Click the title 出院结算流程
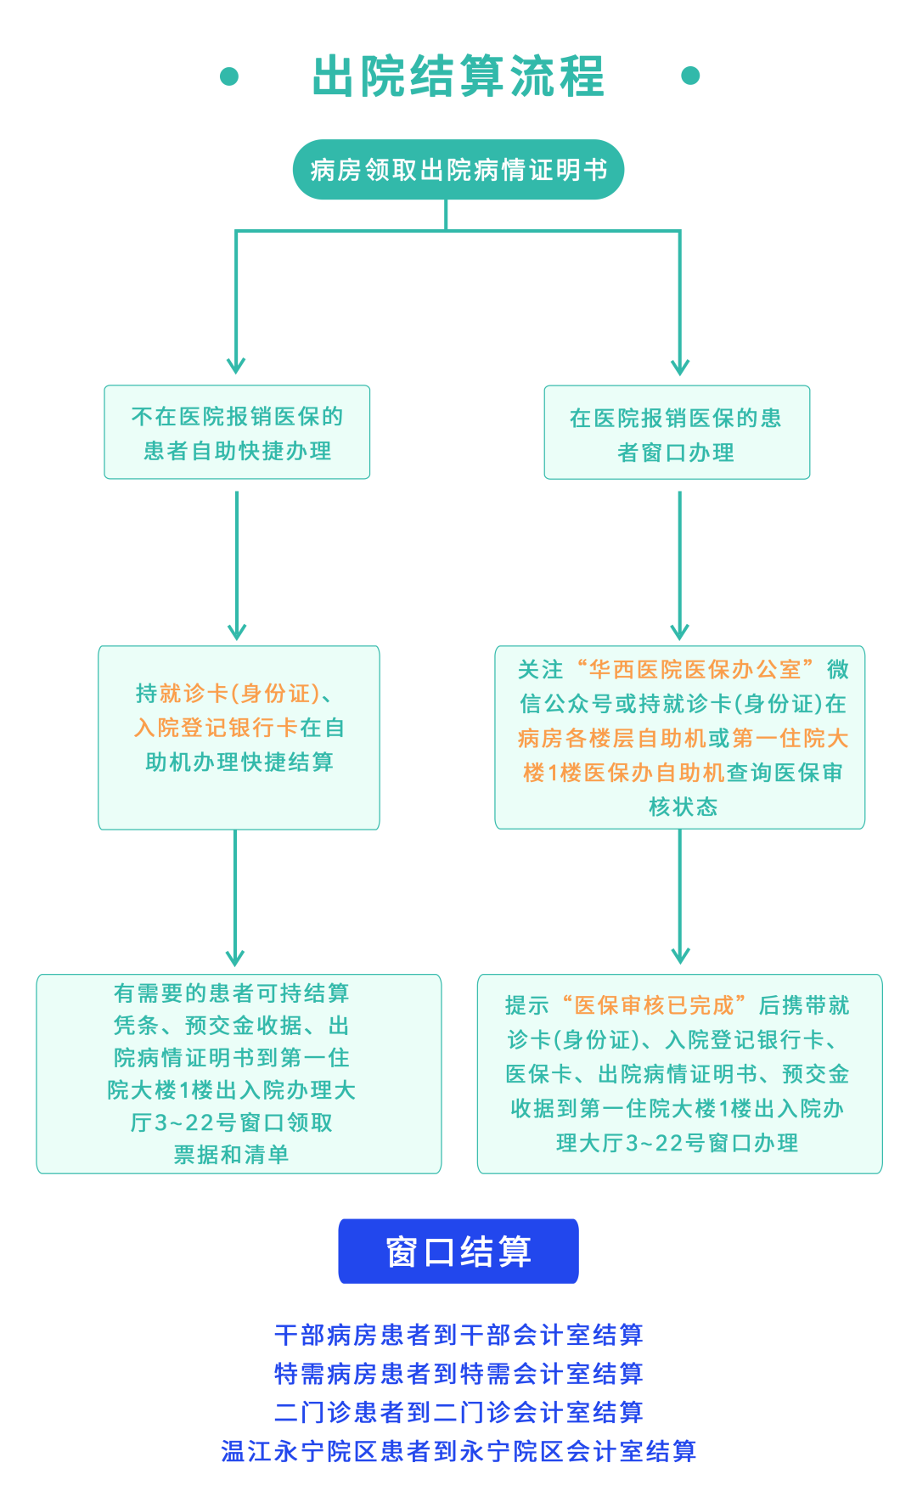point(458,76)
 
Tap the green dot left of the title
point(229,76)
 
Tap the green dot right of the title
point(690,76)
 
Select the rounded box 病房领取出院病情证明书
point(458,170)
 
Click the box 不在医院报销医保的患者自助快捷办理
point(237,432)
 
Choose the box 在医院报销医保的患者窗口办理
point(677,433)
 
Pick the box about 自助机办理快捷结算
point(239,737)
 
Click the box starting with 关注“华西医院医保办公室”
point(680,737)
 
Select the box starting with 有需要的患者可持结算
point(239,1073)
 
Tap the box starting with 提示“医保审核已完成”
point(679,1073)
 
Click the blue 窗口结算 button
point(458,1252)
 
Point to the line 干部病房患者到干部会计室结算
point(458,1335)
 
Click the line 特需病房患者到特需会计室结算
point(458,1373)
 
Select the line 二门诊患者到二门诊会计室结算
point(458,1412)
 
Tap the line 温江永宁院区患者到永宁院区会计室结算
point(458,1451)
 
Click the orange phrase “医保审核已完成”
point(654,1006)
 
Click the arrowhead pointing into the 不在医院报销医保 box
point(236,366)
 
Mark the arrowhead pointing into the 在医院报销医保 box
point(680,367)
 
